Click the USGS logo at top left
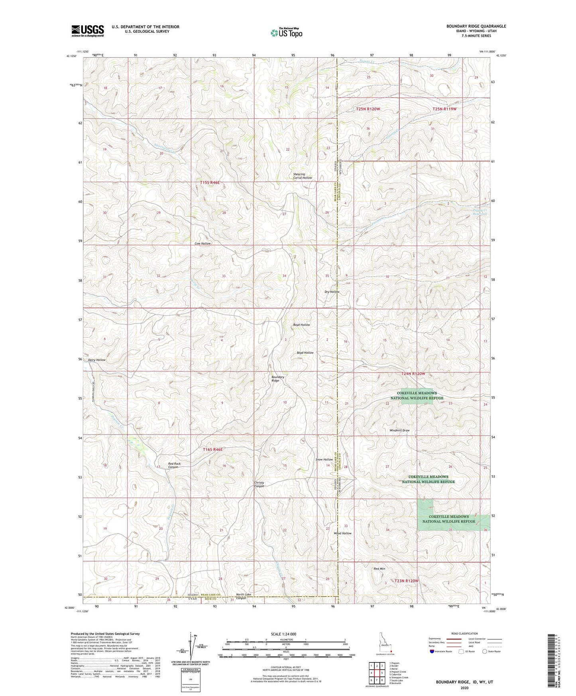click(x=88, y=30)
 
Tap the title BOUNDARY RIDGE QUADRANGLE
click(x=476, y=26)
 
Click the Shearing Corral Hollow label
click(x=302, y=176)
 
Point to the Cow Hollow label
click(x=202, y=243)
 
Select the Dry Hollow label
click(x=332, y=292)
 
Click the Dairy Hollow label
click(x=96, y=360)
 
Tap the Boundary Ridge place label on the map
click(x=278, y=379)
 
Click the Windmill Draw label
click(x=399, y=431)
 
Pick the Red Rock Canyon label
click(x=174, y=465)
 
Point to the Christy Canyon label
click(x=259, y=484)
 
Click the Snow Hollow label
click(x=324, y=460)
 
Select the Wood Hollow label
click(x=342, y=533)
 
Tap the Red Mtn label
click(x=379, y=568)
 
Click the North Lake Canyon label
click(x=244, y=596)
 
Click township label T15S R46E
click(x=210, y=183)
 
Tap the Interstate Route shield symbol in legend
click(x=432, y=651)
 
